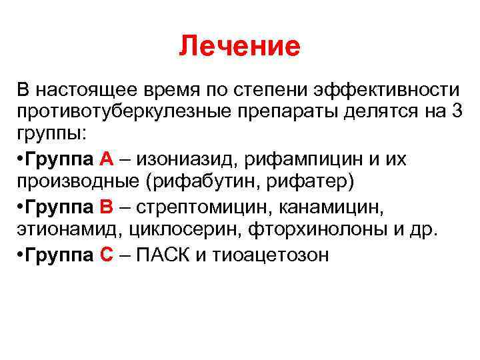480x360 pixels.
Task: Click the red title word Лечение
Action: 240,47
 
